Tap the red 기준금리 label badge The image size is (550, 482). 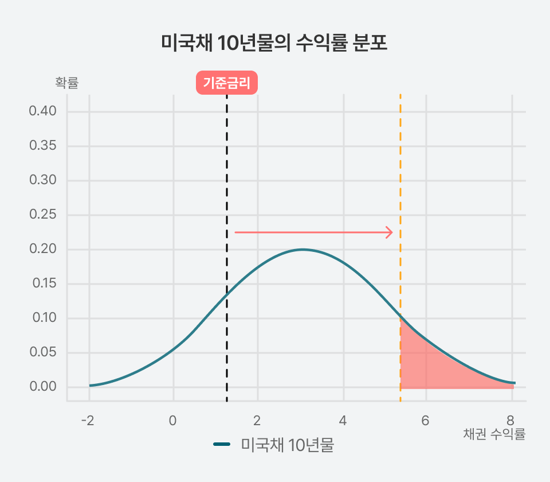[x=227, y=83]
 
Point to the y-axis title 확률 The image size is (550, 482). [x=66, y=83]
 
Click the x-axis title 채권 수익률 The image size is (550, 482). [x=494, y=434]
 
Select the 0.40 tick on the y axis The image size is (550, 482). [x=43, y=111]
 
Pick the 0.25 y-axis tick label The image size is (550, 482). [x=43, y=215]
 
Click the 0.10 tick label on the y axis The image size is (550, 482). [x=43, y=318]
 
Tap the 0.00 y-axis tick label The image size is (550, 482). [x=43, y=387]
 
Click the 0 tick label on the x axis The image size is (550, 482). [x=172, y=421]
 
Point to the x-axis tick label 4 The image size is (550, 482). [x=343, y=421]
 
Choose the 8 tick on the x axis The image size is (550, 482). [x=510, y=421]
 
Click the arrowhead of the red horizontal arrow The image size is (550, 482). [x=390, y=232]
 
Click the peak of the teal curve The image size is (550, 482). [x=302, y=250]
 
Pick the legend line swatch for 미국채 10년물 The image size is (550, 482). [x=222, y=445]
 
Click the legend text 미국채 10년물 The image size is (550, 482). [x=287, y=445]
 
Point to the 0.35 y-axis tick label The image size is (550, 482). [x=43, y=146]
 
